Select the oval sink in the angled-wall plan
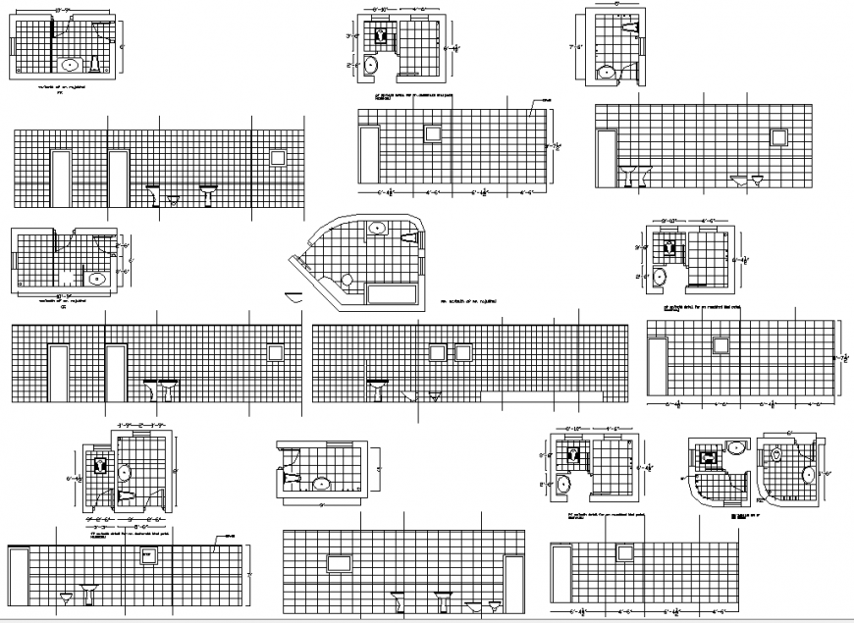pos(376,229)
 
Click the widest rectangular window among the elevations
pos(339,562)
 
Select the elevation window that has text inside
pos(149,556)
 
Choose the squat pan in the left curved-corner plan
pos(709,455)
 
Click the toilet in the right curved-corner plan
pos(776,456)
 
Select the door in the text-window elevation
pos(19,576)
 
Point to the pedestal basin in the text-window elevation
pos(89,592)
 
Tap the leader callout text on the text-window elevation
pos(230,537)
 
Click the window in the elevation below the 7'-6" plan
pos(780,135)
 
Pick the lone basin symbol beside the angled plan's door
pos(292,296)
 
